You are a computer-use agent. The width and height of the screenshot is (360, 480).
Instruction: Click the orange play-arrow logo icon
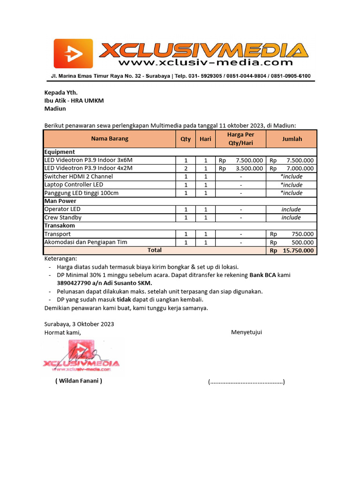(73, 53)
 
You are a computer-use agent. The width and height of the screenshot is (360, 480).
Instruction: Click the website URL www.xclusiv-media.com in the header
(205, 62)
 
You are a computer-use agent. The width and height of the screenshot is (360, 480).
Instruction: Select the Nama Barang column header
(109, 139)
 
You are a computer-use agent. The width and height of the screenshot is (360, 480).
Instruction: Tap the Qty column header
(186, 139)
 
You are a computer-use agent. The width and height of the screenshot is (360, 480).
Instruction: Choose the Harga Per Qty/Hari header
(240, 139)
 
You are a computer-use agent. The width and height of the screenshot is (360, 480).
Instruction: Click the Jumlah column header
(292, 139)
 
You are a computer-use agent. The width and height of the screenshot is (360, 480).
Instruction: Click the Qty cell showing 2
(186, 168)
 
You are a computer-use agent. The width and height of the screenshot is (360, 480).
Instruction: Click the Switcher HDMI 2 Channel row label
(78, 177)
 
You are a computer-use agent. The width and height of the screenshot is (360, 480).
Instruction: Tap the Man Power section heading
(60, 201)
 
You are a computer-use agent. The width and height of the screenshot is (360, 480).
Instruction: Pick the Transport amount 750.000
(302, 234)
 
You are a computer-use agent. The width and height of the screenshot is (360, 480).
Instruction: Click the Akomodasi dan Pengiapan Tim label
(85, 242)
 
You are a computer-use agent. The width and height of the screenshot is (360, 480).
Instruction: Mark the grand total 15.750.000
(298, 251)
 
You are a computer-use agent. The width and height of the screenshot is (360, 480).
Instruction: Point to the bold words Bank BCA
(262, 275)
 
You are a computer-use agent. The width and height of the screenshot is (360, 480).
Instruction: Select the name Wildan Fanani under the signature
(78, 381)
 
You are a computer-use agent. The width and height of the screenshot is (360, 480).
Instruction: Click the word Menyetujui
(246, 332)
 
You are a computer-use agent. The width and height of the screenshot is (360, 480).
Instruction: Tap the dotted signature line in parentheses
(246, 382)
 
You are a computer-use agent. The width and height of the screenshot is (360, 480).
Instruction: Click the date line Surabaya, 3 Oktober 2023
(79, 324)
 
